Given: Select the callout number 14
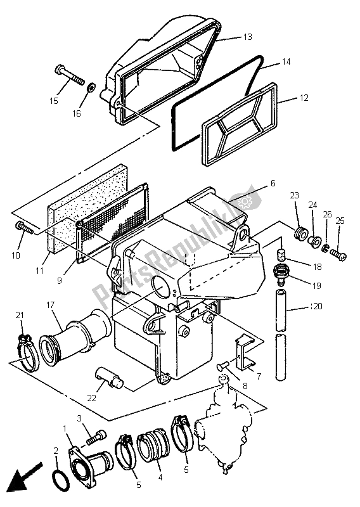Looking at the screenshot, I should [286, 63].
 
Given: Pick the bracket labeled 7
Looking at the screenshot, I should [243, 351].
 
